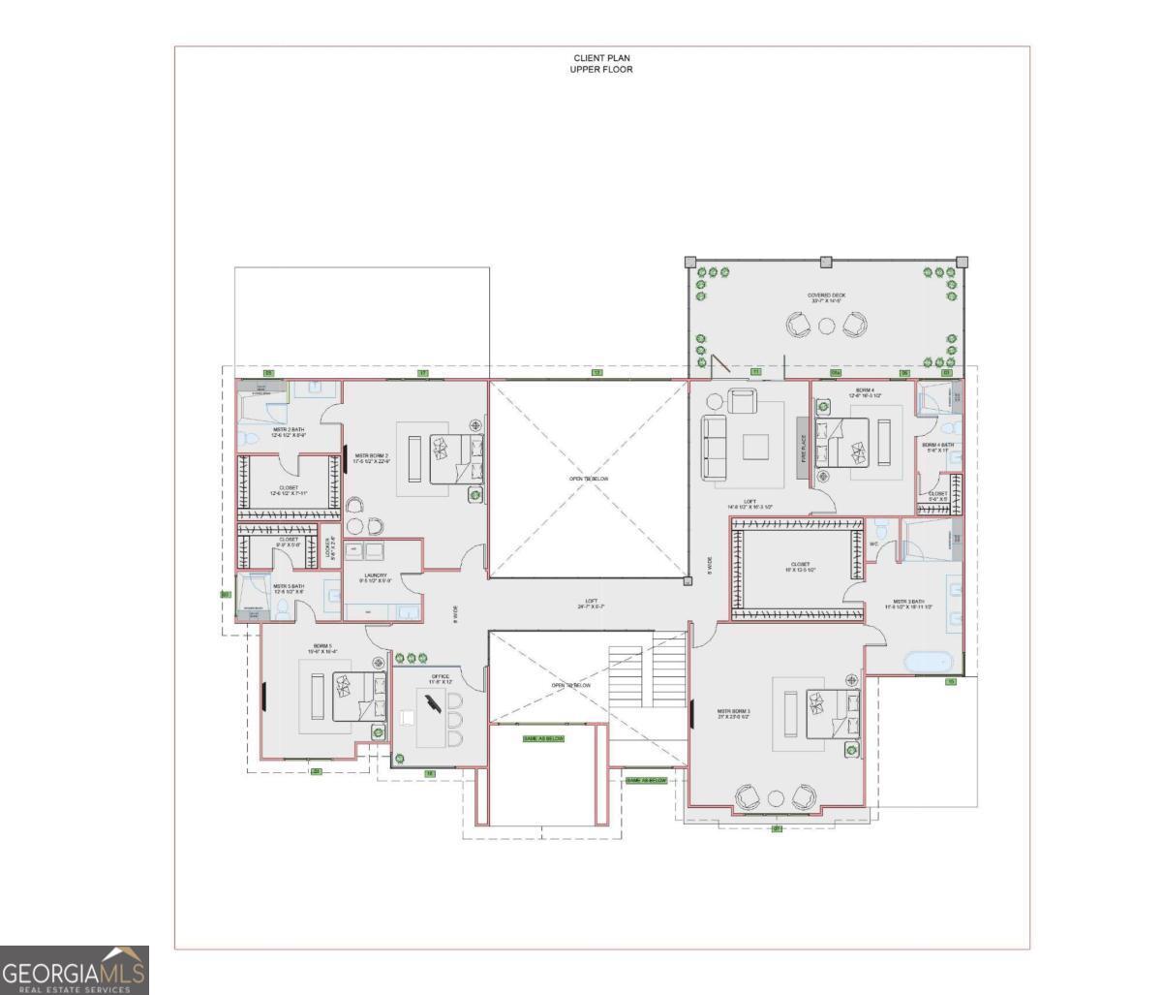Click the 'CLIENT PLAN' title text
(x=601, y=58)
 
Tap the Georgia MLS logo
(x=75, y=970)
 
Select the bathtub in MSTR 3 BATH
(x=927, y=663)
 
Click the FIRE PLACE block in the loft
(x=802, y=443)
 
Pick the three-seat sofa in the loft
(x=714, y=447)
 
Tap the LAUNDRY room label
(x=376, y=577)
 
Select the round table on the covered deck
(x=825, y=326)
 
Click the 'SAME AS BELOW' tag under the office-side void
(x=543, y=738)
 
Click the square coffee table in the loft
(x=756, y=447)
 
